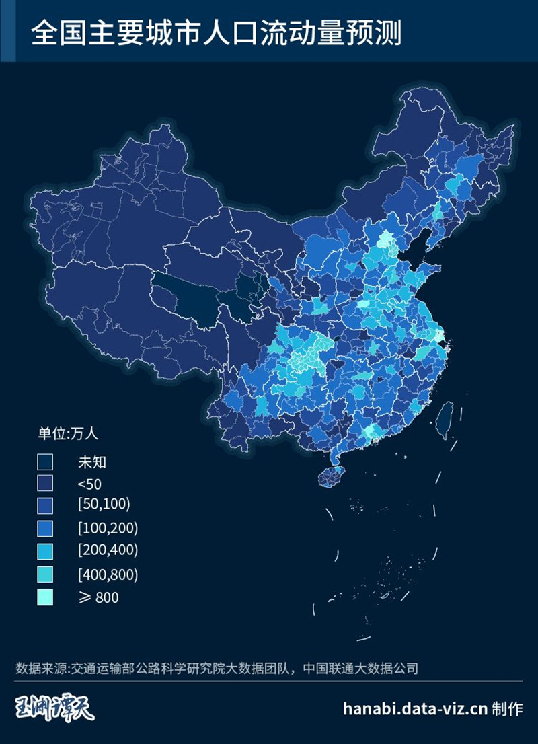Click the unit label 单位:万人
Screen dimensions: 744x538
click(68, 433)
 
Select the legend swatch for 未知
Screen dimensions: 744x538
click(45, 461)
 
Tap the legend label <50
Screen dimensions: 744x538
click(89, 484)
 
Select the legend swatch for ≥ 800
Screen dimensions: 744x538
click(45, 597)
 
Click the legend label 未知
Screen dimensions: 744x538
click(92, 461)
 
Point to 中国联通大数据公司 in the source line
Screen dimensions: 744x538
click(360, 669)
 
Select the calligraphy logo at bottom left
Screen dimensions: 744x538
click(55, 708)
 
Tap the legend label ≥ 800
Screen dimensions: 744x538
click(98, 597)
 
